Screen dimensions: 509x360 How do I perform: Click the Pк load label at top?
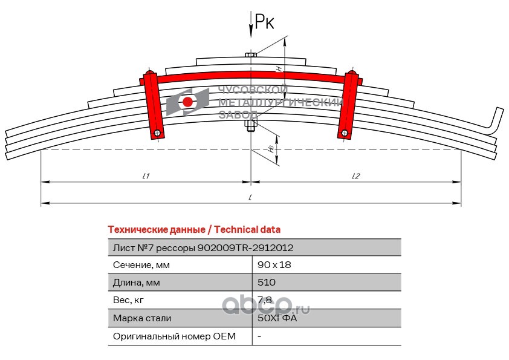pyautogui.click(x=264, y=22)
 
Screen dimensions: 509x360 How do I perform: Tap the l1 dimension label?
pyautogui.click(x=146, y=175)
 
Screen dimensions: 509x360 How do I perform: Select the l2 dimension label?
pyautogui.click(x=356, y=175)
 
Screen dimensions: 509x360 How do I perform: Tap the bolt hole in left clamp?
pyautogui.click(x=157, y=133)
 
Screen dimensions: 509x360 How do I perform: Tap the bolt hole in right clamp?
pyautogui.click(x=343, y=133)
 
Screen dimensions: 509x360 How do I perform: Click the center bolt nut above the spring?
pyautogui.click(x=251, y=56)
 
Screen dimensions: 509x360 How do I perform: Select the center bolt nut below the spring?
pyautogui.click(x=251, y=125)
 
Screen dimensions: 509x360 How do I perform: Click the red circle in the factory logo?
pyautogui.click(x=188, y=102)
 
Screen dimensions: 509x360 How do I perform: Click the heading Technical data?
pyautogui.click(x=193, y=230)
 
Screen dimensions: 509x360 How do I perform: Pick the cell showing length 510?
pyautogui.click(x=267, y=283)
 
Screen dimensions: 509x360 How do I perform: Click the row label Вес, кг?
pyautogui.click(x=129, y=300)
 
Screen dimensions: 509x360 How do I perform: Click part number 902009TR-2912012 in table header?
pyautogui.click(x=246, y=247)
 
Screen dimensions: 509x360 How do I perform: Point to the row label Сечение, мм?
pyautogui.click(x=141, y=265)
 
